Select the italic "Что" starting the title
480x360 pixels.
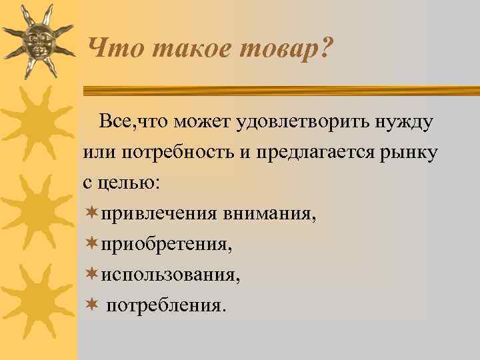pyautogui.click(x=111, y=48)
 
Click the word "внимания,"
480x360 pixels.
pyautogui.click(x=269, y=214)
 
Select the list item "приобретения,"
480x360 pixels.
pyautogui.click(x=166, y=245)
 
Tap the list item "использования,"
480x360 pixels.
pyautogui.click(x=170, y=275)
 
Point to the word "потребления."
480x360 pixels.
pyautogui.click(x=167, y=305)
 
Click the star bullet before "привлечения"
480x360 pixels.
pyautogui.click(x=91, y=213)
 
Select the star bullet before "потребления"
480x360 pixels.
pyautogui.click(x=91, y=305)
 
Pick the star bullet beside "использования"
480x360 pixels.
pyautogui.click(x=91, y=274)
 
